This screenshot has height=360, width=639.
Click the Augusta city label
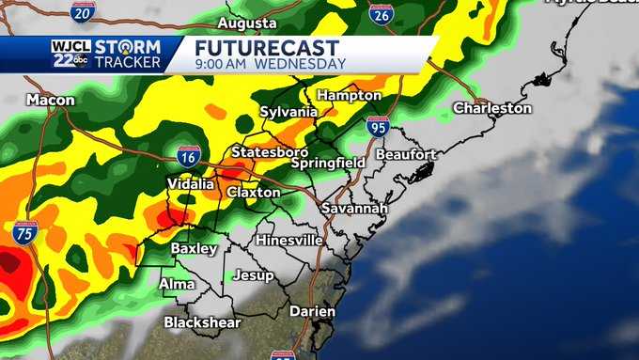click(247, 23)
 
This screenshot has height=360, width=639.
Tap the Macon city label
click(50, 99)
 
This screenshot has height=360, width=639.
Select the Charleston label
click(491, 108)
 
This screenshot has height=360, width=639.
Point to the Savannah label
click(353, 208)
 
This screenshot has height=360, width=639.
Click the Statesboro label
click(270, 151)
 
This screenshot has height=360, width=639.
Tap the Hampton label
click(349, 96)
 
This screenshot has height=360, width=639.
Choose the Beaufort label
click(406, 153)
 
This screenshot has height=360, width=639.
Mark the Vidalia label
click(190, 183)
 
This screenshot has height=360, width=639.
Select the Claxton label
click(253, 192)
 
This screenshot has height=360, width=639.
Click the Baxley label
click(194, 248)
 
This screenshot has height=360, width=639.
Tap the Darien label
click(287, 311)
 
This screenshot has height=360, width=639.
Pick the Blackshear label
click(202, 322)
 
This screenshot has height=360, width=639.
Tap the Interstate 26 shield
click(381, 14)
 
